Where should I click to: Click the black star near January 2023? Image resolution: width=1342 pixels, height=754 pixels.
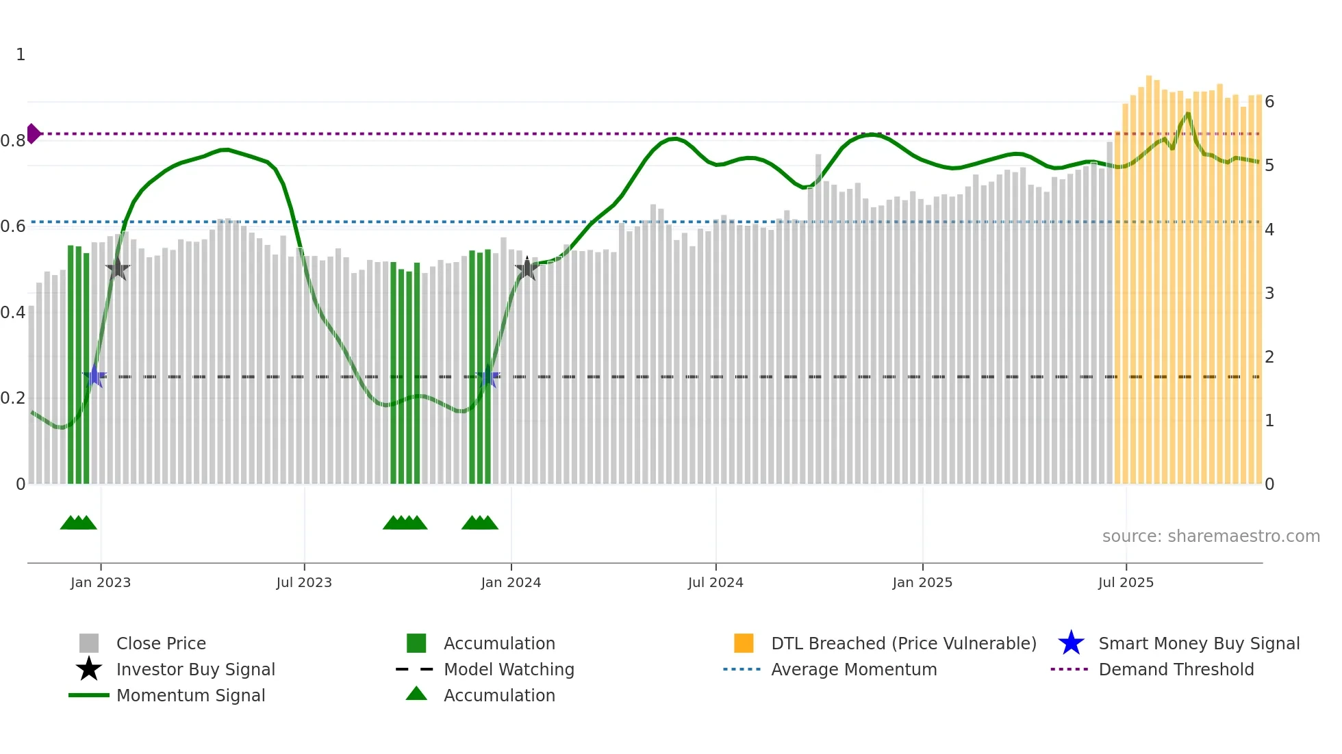click(x=118, y=269)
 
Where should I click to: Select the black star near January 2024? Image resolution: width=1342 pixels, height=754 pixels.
click(x=527, y=269)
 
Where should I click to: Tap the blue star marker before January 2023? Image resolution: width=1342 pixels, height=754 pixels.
click(x=94, y=376)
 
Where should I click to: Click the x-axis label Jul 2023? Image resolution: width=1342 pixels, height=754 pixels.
click(x=304, y=582)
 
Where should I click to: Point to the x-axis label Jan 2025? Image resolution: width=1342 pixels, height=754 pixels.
click(x=922, y=582)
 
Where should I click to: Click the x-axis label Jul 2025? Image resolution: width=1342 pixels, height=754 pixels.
click(x=1126, y=582)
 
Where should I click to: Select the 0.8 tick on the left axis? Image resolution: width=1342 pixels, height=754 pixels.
click(x=13, y=141)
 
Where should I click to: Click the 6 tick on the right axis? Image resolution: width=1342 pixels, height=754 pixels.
click(x=1269, y=102)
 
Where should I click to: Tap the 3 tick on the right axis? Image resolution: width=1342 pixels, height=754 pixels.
click(x=1269, y=294)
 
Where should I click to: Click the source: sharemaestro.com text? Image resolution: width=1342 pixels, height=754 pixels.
click(x=1211, y=536)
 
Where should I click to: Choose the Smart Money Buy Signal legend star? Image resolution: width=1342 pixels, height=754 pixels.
click(x=1071, y=643)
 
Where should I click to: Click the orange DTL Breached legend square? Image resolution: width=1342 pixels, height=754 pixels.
click(x=744, y=643)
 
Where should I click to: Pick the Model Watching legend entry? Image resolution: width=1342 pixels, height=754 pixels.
click(x=509, y=669)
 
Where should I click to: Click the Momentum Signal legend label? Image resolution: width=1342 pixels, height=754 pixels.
click(x=190, y=695)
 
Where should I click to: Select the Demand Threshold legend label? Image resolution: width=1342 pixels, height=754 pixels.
click(x=1176, y=669)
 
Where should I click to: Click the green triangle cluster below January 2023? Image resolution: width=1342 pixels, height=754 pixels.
click(x=78, y=523)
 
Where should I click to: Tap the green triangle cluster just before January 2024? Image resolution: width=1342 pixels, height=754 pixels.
click(x=479, y=523)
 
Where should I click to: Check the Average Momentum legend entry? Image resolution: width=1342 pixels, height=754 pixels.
click(x=853, y=669)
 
